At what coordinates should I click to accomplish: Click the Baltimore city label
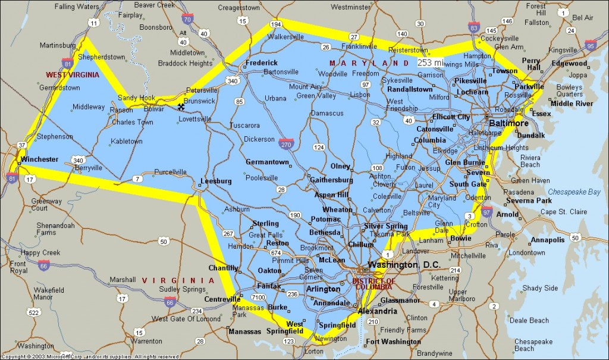tap(508, 123)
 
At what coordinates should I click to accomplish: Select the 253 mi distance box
tap(429, 62)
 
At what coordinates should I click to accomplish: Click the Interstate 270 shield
tap(285, 143)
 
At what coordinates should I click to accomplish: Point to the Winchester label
tap(39, 159)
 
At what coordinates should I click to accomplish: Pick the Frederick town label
tap(262, 62)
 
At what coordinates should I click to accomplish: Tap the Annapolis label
tap(547, 240)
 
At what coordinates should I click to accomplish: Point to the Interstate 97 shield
tap(486, 211)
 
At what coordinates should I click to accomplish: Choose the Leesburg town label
tap(215, 181)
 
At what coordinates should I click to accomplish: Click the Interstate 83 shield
tap(473, 28)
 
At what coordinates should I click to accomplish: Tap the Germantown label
tap(267, 162)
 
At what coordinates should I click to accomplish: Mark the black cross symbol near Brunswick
tap(181, 107)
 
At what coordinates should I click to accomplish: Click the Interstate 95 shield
tap(590, 45)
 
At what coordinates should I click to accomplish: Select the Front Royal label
tap(18, 267)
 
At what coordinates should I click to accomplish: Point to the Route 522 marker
tap(34, 312)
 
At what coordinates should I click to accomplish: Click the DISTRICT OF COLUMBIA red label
tap(373, 283)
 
